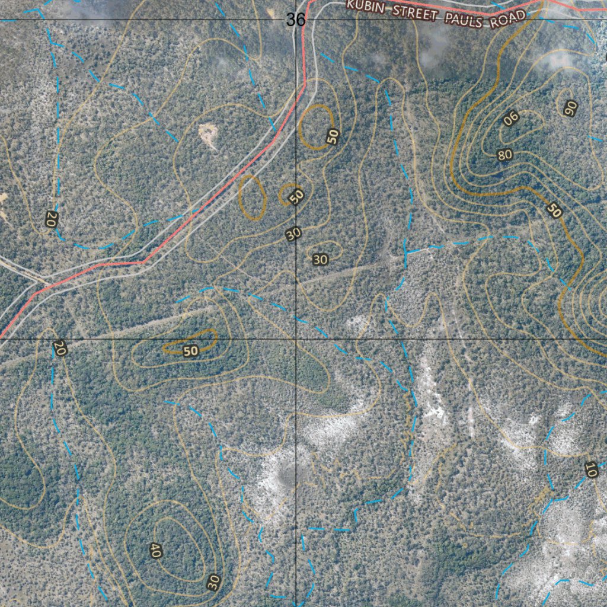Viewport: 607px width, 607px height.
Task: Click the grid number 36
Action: pyautogui.click(x=295, y=20)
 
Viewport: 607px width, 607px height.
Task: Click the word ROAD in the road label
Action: pyautogui.click(x=507, y=19)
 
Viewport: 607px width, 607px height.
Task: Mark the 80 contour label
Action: pyautogui.click(x=504, y=155)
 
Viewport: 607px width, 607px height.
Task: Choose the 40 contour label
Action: pyautogui.click(x=156, y=550)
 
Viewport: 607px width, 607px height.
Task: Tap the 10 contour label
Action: pyautogui.click(x=590, y=469)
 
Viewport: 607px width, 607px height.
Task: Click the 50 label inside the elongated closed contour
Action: pyautogui.click(x=190, y=351)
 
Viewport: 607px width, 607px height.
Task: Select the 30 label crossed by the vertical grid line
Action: pyautogui.click(x=293, y=234)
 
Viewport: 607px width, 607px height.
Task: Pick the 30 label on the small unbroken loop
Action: pyautogui.click(x=320, y=259)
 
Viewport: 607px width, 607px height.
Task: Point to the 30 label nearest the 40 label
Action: pyautogui.click(x=214, y=582)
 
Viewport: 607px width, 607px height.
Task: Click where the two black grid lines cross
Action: pyautogui.click(x=296, y=339)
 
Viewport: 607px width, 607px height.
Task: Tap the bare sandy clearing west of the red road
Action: pyautogui.click(x=208, y=136)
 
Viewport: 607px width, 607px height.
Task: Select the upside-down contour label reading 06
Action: pyautogui.click(x=511, y=119)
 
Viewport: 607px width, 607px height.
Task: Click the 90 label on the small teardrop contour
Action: pyautogui.click(x=571, y=107)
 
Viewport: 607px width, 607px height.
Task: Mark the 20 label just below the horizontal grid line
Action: pyautogui.click(x=59, y=348)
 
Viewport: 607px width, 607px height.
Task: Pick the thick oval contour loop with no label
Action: pyautogui.click(x=252, y=198)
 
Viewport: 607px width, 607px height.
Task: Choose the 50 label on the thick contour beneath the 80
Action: pyautogui.click(x=554, y=210)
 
